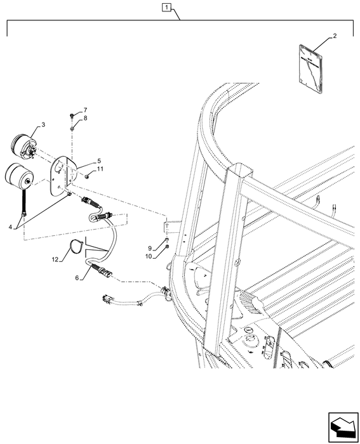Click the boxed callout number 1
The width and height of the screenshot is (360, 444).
tap(166, 8)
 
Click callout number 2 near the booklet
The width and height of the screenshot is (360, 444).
tap(335, 36)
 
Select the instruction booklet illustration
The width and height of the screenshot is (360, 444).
tap(311, 69)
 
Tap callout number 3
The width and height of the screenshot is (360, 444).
tap(43, 124)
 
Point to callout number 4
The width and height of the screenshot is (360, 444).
tap(10, 227)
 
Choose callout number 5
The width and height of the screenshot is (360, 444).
tap(99, 161)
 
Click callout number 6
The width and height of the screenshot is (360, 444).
tap(77, 278)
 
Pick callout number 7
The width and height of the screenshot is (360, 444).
tap(85, 110)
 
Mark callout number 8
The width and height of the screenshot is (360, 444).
tap(85, 118)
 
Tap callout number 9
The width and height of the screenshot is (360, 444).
tap(150, 249)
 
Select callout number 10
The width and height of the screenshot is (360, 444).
tap(149, 256)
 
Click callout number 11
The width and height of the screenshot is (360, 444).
tap(100, 169)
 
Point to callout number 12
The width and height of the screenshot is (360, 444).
tap(55, 259)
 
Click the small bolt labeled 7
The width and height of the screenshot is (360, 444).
tap(72, 115)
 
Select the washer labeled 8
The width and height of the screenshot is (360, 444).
tap(72, 129)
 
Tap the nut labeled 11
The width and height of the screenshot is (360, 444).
tap(88, 177)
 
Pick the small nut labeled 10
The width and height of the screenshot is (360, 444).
tap(167, 248)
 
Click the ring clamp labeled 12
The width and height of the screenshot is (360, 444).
tap(76, 246)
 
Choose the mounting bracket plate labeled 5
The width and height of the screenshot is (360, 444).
tap(62, 176)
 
